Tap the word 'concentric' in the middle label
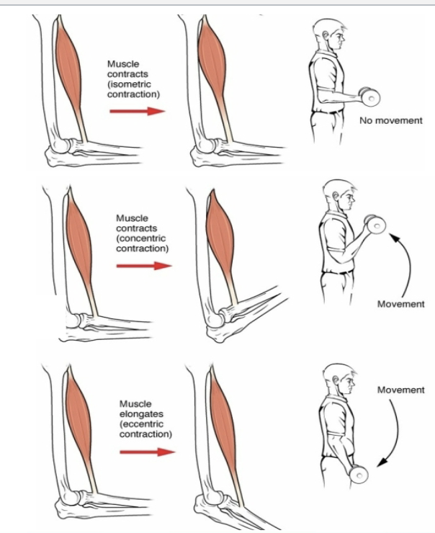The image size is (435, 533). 143,238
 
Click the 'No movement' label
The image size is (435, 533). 391,120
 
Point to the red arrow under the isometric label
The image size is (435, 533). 138,111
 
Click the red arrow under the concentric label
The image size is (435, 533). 145,266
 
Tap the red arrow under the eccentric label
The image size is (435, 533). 148,452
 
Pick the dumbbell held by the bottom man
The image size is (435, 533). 358,474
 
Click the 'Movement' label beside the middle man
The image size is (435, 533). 401,304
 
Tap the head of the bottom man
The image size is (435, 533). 336,380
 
